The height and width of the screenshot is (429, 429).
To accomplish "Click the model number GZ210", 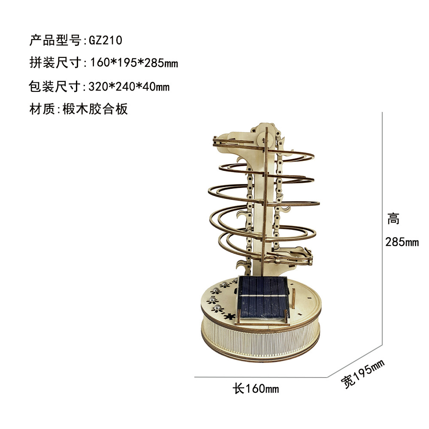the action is pyautogui.click(x=106, y=40).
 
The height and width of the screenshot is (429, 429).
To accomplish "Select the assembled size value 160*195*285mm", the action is pyautogui.click(x=133, y=63).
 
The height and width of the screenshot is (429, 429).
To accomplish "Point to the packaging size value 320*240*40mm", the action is pyautogui.click(x=129, y=87).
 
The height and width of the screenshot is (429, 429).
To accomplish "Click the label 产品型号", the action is pyautogui.click(x=54, y=40).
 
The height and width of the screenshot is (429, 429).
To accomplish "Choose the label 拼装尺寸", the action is pyautogui.click(x=54, y=63).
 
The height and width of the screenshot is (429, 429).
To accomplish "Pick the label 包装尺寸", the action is pyautogui.click(x=54, y=87).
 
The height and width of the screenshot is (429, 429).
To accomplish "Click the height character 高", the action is pyautogui.click(x=393, y=219).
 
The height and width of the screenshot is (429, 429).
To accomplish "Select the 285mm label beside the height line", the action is pyautogui.click(x=402, y=242).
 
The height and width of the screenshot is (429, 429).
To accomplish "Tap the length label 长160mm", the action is pyautogui.click(x=256, y=389).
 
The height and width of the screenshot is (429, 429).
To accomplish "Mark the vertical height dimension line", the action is pyautogui.click(x=382, y=227).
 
